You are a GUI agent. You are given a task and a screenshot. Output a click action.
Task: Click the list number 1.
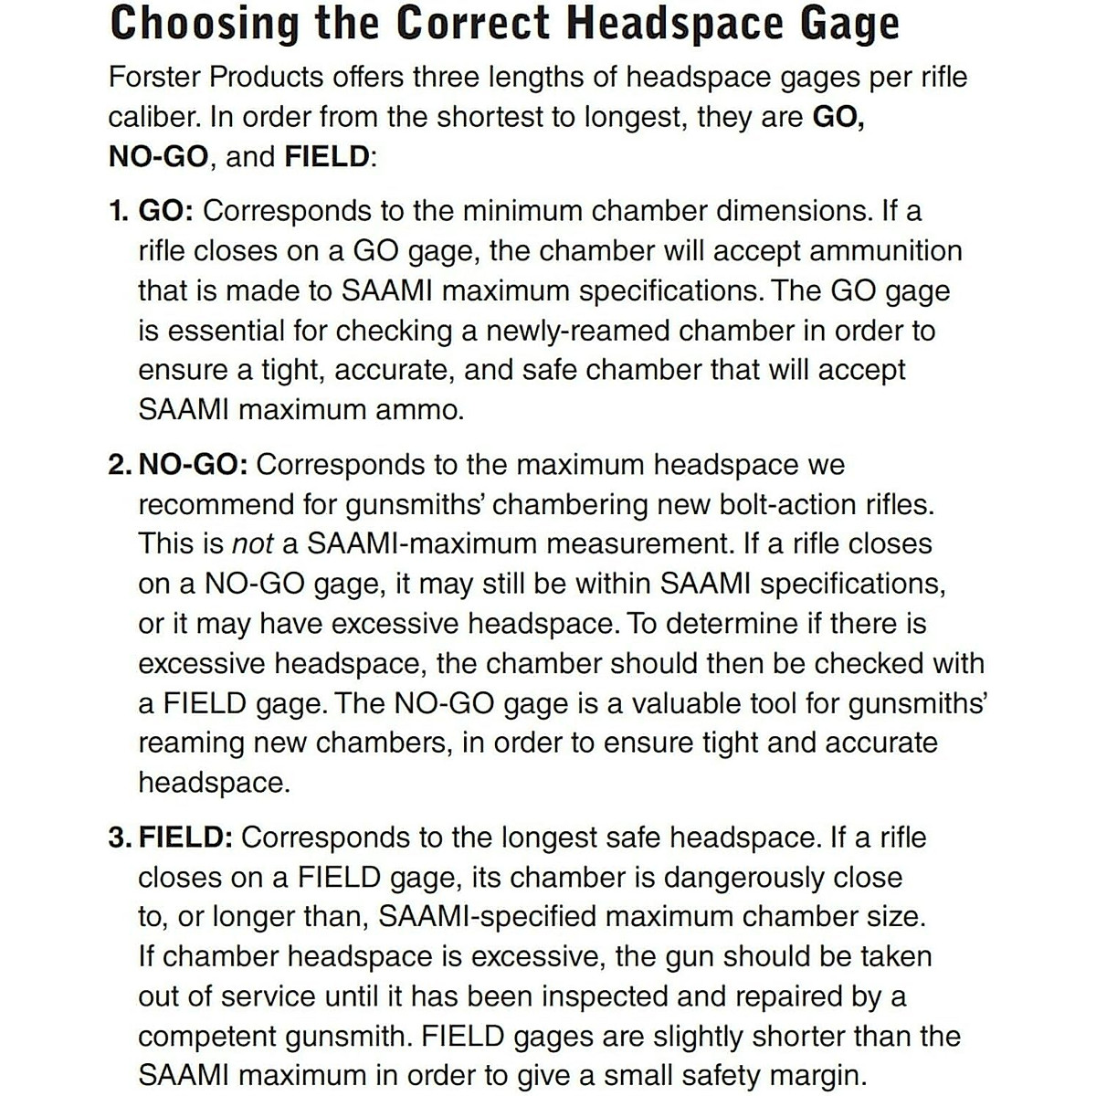click(x=117, y=211)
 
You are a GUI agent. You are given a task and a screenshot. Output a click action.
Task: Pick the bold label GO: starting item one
click(x=165, y=211)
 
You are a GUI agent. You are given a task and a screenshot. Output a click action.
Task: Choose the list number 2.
click(x=119, y=465)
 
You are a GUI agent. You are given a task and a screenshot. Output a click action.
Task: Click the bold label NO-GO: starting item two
click(x=193, y=465)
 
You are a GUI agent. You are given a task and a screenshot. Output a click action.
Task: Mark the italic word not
click(x=253, y=544)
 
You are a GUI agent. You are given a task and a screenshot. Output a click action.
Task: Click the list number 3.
click(x=119, y=838)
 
